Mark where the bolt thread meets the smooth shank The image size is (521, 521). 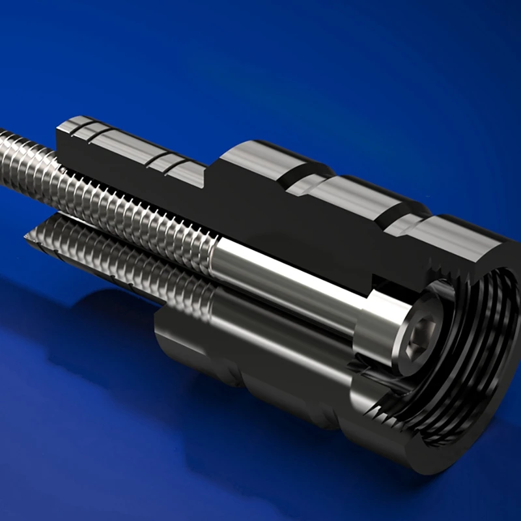point(215,251)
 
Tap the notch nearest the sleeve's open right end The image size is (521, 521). point(394,225)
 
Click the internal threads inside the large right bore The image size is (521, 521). point(482,339)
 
